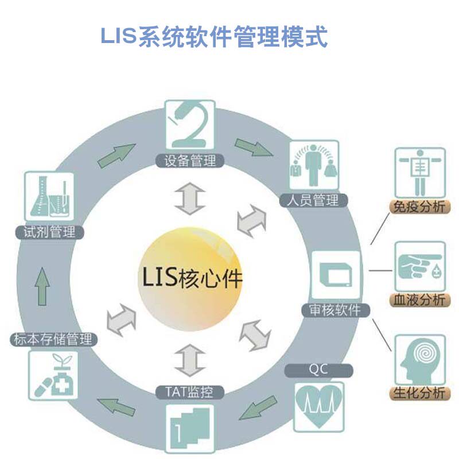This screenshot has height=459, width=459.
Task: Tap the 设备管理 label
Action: (190, 161)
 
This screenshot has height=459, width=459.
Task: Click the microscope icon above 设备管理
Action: (190, 127)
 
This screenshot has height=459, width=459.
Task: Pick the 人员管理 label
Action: (313, 200)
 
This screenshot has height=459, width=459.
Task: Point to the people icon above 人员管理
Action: (313, 166)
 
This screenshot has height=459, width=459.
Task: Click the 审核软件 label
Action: (336, 310)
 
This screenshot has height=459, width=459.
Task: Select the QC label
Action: (318, 369)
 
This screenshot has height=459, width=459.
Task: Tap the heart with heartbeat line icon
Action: (318, 405)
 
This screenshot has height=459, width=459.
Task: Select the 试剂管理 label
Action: (50, 232)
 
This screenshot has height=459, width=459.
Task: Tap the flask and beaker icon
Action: (50, 197)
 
